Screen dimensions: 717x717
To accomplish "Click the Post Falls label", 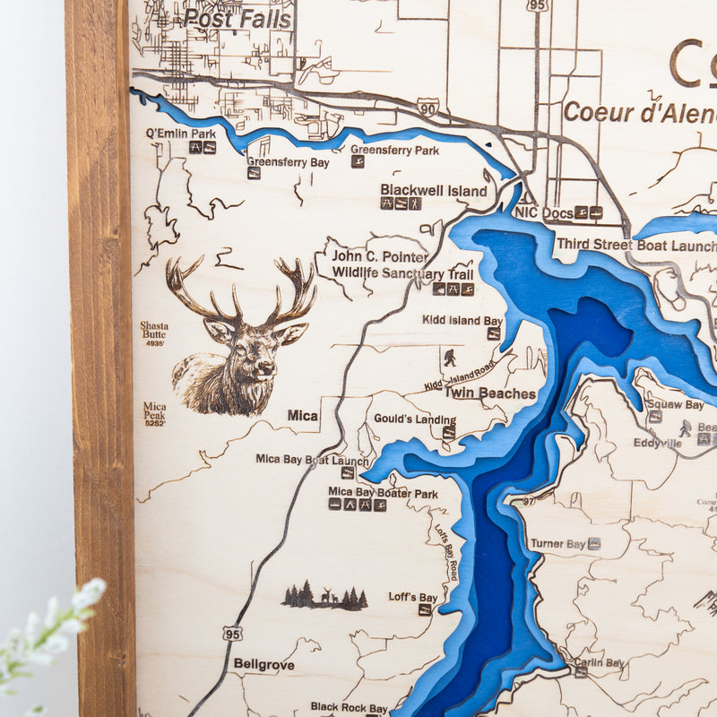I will point(238,19).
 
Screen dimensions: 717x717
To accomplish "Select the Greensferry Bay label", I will point(288,162).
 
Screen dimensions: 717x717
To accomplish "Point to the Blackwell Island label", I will point(434,190).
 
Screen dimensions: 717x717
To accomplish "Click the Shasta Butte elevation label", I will point(153,333).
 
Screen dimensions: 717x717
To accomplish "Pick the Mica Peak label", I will point(154,411).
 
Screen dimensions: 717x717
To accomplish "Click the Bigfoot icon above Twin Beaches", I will point(449,358).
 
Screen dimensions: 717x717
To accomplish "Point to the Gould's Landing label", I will point(414,419).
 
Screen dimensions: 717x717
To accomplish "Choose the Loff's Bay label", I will point(412,597).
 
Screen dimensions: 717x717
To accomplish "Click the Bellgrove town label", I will point(264,664).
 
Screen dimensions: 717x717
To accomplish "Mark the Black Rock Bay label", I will point(350,707).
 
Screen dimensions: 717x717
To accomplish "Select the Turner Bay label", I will point(557,543).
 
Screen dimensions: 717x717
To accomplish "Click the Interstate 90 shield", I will point(428,108).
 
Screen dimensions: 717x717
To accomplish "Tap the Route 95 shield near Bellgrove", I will point(233,632).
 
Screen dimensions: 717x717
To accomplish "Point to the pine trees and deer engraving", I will point(324,597).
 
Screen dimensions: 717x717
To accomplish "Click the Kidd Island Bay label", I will point(462,320).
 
